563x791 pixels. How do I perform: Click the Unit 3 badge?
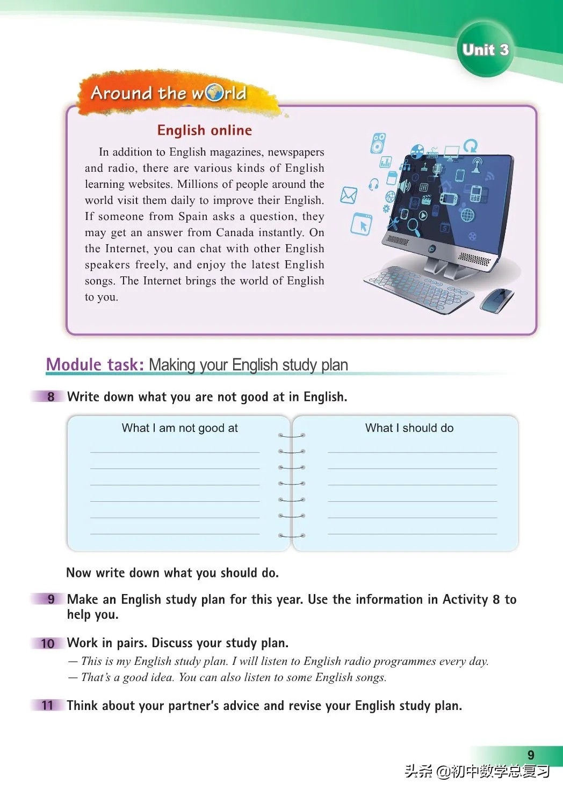485,50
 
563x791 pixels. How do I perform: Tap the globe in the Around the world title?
215,93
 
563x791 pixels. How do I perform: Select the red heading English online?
204,130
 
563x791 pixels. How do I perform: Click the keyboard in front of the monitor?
418,289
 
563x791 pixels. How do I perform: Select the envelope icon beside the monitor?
349,195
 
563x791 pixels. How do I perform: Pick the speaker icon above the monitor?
378,143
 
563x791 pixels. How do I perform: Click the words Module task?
95,364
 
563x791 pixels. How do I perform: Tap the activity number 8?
51,397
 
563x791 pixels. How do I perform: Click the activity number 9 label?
51,599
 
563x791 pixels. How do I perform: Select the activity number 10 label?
48,643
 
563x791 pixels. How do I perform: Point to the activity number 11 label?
48,705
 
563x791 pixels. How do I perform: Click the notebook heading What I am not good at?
179,428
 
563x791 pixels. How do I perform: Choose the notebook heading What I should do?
409,428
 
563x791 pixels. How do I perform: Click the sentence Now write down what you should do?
172,573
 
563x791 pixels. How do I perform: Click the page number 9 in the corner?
531,755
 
